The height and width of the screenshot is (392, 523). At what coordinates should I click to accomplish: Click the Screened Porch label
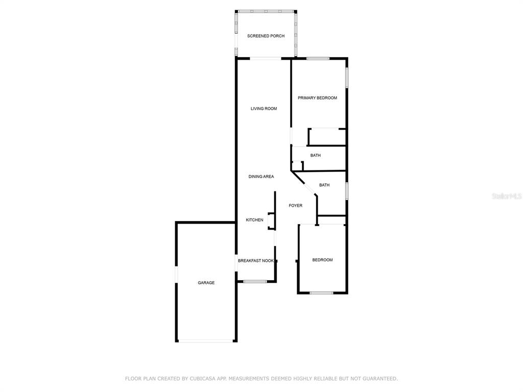click(x=266, y=36)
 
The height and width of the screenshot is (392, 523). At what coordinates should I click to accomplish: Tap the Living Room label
click(x=264, y=109)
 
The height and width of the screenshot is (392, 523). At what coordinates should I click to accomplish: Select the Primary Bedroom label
click(x=317, y=98)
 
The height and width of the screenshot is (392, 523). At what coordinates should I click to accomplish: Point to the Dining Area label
click(x=261, y=177)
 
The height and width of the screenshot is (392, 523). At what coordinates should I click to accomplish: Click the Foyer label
click(x=296, y=206)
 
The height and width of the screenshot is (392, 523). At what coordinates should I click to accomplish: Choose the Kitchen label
click(x=254, y=220)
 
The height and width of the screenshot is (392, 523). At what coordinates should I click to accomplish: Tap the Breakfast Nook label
click(x=256, y=261)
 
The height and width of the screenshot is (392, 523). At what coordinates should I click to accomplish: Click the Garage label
click(x=206, y=283)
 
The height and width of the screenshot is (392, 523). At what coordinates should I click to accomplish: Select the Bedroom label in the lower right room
click(x=323, y=260)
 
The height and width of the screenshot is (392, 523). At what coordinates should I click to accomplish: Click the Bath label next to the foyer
click(x=324, y=185)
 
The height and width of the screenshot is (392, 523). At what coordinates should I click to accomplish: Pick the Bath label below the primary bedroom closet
click(x=316, y=155)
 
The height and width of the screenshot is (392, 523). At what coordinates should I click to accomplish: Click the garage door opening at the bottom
click(x=205, y=341)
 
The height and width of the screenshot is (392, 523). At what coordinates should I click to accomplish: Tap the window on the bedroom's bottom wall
click(x=322, y=293)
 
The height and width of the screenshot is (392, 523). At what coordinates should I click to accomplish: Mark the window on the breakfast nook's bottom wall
click(x=255, y=282)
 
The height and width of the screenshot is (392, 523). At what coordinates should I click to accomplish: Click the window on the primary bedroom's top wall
click(x=318, y=59)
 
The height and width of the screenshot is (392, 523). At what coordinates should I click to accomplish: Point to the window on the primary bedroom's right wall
click(x=347, y=78)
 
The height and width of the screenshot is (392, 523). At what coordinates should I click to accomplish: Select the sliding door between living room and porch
click(x=266, y=59)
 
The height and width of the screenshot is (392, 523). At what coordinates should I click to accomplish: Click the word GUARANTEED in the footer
click(x=380, y=379)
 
